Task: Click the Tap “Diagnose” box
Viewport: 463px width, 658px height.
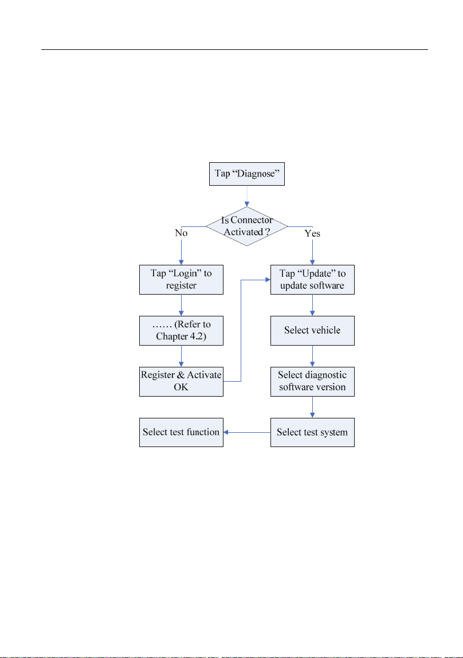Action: point(246,174)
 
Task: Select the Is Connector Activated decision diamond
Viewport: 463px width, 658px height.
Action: point(246,226)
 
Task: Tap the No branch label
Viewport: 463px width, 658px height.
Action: point(181,233)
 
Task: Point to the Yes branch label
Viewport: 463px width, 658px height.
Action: point(312,233)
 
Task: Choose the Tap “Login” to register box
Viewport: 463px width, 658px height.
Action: point(181,280)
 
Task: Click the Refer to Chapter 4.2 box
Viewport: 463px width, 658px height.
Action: point(181,331)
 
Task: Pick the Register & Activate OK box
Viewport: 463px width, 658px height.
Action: point(181,382)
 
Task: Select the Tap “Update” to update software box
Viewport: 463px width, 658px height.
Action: point(312,280)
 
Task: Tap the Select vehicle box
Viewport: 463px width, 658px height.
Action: point(312,331)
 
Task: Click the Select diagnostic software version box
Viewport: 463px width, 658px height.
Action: point(312,382)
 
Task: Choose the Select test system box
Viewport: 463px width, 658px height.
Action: point(312,432)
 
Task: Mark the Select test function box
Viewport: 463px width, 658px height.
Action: point(181,432)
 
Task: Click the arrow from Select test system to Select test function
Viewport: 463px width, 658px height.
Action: point(247,432)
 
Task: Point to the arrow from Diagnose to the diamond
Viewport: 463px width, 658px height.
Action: point(247,196)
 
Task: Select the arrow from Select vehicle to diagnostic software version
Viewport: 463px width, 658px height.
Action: point(312,357)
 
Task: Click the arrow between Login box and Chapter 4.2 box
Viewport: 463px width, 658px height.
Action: point(181,305)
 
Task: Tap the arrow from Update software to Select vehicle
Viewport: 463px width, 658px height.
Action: point(312,305)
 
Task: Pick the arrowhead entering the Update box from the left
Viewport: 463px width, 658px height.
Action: point(268,280)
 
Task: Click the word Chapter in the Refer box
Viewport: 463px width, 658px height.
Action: point(171,336)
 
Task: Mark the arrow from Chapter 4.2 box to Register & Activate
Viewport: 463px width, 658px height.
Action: point(181,357)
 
